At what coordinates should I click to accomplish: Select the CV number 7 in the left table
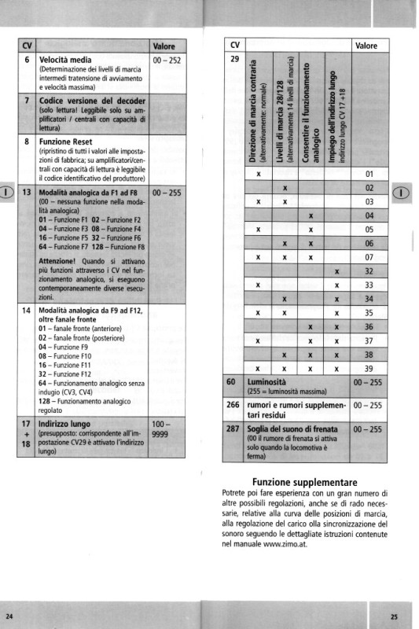pos(27,101)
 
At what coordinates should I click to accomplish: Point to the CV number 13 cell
pos(27,192)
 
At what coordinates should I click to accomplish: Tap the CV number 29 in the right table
pos(234,59)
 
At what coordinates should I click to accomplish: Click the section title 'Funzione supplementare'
pos(304,482)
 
